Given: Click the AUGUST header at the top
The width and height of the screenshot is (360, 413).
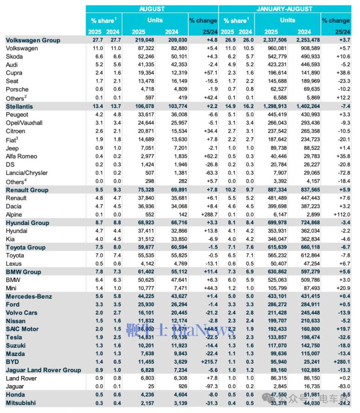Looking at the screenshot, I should (152, 9).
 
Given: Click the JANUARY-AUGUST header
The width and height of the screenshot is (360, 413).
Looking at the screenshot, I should (284, 9).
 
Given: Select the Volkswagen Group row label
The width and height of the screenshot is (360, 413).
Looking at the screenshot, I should (33, 40).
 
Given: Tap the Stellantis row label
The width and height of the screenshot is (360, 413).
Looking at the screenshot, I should (19, 107).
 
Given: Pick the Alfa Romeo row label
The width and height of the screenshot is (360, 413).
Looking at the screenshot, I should (21, 156).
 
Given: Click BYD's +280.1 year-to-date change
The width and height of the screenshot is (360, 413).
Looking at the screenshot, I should (340, 362).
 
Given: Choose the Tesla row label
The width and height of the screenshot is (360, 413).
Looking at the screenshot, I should (14, 337).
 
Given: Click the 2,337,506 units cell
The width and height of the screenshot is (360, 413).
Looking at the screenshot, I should (277, 40).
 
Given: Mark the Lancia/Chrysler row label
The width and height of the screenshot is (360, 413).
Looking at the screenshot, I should (27, 173).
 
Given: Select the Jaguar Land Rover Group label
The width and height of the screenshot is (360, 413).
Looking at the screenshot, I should (43, 370).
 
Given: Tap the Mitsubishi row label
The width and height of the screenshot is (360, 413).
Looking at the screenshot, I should (21, 403).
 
